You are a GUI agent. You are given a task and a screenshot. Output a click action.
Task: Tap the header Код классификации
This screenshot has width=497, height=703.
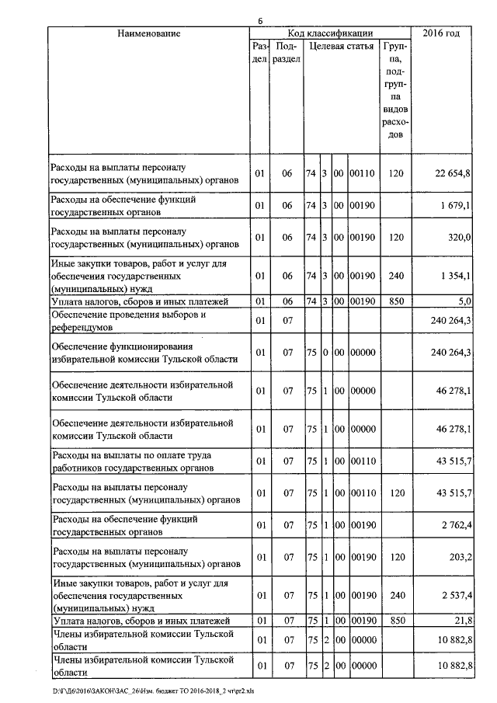coord(330,33)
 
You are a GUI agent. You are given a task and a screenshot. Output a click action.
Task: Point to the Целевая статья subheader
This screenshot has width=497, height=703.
coord(341,47)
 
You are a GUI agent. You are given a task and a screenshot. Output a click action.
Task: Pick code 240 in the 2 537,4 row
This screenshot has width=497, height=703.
coord(395,595)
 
